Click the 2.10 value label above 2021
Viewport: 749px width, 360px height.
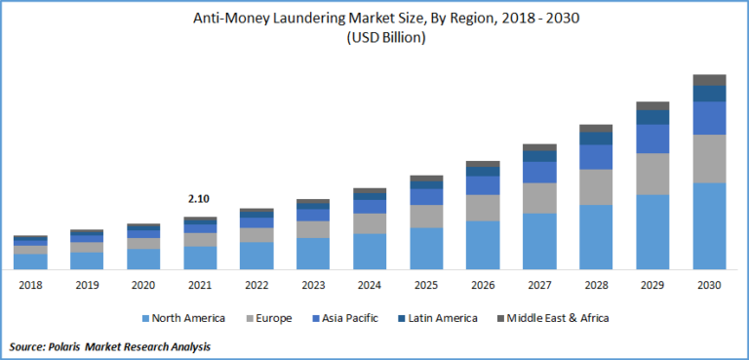199,199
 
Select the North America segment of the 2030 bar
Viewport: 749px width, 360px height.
709,225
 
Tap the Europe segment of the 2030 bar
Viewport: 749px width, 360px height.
709,158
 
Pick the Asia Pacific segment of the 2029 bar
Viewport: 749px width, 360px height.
652,139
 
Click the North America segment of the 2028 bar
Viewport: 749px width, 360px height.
596,236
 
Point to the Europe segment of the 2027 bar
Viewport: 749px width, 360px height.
539,198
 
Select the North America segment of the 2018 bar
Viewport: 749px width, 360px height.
29,260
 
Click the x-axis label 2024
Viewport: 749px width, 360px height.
370,285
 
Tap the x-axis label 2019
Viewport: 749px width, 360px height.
86,285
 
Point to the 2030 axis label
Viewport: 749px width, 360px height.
709,285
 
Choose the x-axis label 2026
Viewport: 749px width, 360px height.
483,285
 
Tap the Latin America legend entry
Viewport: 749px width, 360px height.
442,318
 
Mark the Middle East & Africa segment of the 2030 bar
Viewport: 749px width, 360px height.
709,79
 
